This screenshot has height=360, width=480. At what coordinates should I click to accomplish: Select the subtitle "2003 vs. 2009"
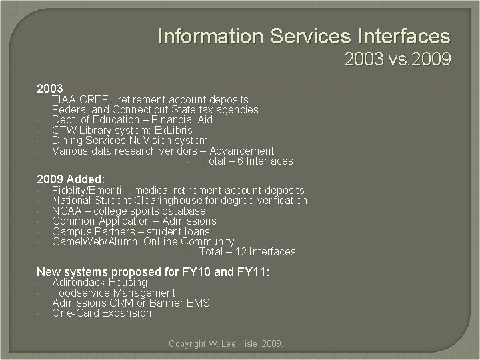[397, 60]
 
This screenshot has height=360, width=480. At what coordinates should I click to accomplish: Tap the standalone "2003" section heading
[50, 88]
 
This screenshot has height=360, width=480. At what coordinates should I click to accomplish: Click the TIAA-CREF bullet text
[150, 99]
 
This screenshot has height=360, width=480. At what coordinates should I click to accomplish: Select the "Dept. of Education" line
[132, 119]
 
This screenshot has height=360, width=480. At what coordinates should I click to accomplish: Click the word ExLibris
[169, 130]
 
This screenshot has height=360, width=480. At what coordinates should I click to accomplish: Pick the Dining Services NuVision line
[130, 141]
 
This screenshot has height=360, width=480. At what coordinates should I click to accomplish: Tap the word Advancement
[241, 151]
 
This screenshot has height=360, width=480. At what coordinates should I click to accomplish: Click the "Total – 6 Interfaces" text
[247, 161]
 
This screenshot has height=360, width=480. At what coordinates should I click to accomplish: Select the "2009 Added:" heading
[71, 179]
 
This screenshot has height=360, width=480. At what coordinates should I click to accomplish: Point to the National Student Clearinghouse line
[179, 201]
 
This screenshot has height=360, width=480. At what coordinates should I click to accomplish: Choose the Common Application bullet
[134, 221]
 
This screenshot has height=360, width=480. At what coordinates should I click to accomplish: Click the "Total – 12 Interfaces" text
[247, 251]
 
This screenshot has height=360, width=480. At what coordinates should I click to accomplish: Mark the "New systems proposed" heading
[153, 271]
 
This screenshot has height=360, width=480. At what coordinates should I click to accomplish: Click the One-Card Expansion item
[101, 313]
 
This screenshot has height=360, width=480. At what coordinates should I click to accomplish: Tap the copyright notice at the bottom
[226, 343]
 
